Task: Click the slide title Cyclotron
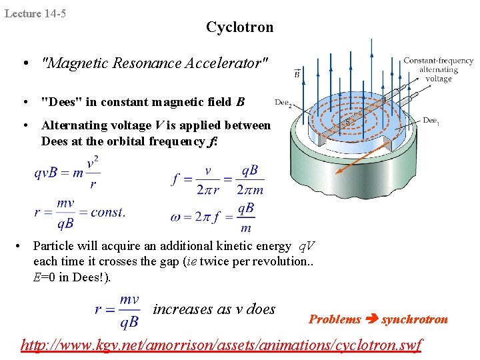tap(239, 27)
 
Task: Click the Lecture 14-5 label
tap(35, 13)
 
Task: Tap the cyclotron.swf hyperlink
tap(221, 345)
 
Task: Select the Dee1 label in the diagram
tap(431, 120)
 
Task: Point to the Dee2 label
tap(283, 103)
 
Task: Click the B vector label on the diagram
tap(297, 74)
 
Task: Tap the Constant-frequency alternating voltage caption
tap(438, 69)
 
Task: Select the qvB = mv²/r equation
tap(68, 173)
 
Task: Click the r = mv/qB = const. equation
tap(79, 213)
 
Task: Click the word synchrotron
tap(414, 319)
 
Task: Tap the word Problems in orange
tap(335, 319)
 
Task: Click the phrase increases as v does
tap(214, 309)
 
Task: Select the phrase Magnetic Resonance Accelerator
tap(155, 63)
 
